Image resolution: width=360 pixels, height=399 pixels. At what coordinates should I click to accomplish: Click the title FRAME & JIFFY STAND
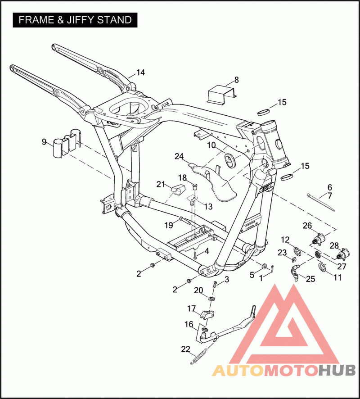click(75, 20)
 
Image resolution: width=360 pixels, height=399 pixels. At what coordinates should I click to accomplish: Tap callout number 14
click(141, 73)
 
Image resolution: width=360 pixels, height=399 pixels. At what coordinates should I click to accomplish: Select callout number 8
click(236, 81)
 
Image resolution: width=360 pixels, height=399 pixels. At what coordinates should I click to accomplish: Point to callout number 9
click(44, 142)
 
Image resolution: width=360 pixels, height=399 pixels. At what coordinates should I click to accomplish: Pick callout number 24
click(179, 156)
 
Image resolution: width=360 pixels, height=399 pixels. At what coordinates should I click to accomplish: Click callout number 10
click(211, 145)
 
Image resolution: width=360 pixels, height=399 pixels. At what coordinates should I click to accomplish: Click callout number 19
click(168, 225)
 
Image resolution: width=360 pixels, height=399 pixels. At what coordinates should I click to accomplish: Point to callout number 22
click(185, 349)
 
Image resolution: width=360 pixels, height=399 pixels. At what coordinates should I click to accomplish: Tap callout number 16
click(189, 324)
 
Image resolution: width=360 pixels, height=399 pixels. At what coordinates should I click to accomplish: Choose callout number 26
click(307, 225)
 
